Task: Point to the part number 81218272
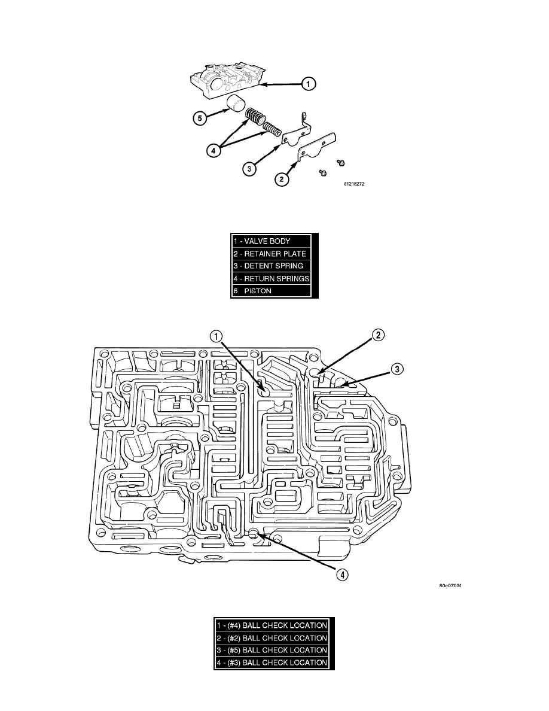tap(353, 184)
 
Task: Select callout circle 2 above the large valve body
tap(379, 336)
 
